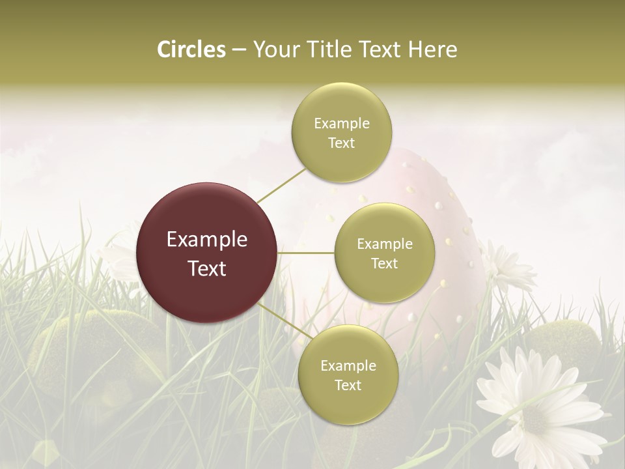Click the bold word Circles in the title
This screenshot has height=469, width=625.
pos(191,50)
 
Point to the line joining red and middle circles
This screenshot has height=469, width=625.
pos(306,253)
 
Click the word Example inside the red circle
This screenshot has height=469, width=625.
pos(207,240)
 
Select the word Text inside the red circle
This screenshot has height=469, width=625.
pos(207,268)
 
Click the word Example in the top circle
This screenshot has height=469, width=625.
pos(342,123)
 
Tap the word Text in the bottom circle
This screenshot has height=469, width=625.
pos(348,385)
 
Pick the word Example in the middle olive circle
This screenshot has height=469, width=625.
pos(385,244)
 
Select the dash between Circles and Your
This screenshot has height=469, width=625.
pos(238,50)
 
